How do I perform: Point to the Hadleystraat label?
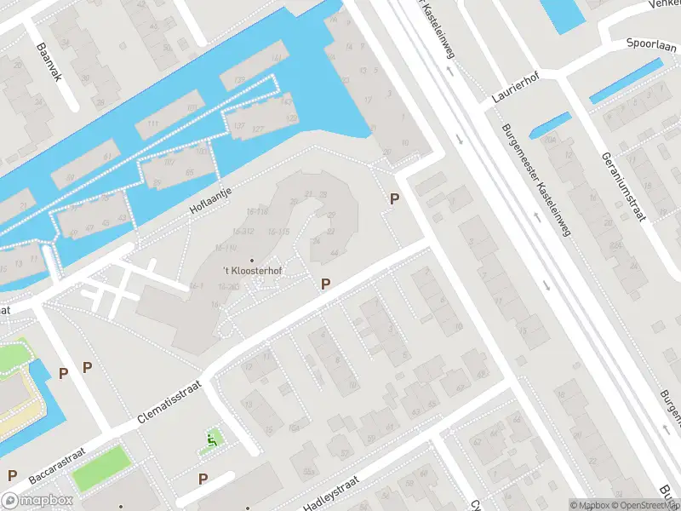click(331, 493)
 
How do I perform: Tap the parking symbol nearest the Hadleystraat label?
click(203, 479)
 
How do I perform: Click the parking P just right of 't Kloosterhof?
click(325, 284)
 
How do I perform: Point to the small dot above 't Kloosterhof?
click(252, 260)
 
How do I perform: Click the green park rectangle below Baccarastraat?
click(101, 468)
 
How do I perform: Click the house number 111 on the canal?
click(153, 125)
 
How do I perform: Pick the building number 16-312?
click(243, 232)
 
